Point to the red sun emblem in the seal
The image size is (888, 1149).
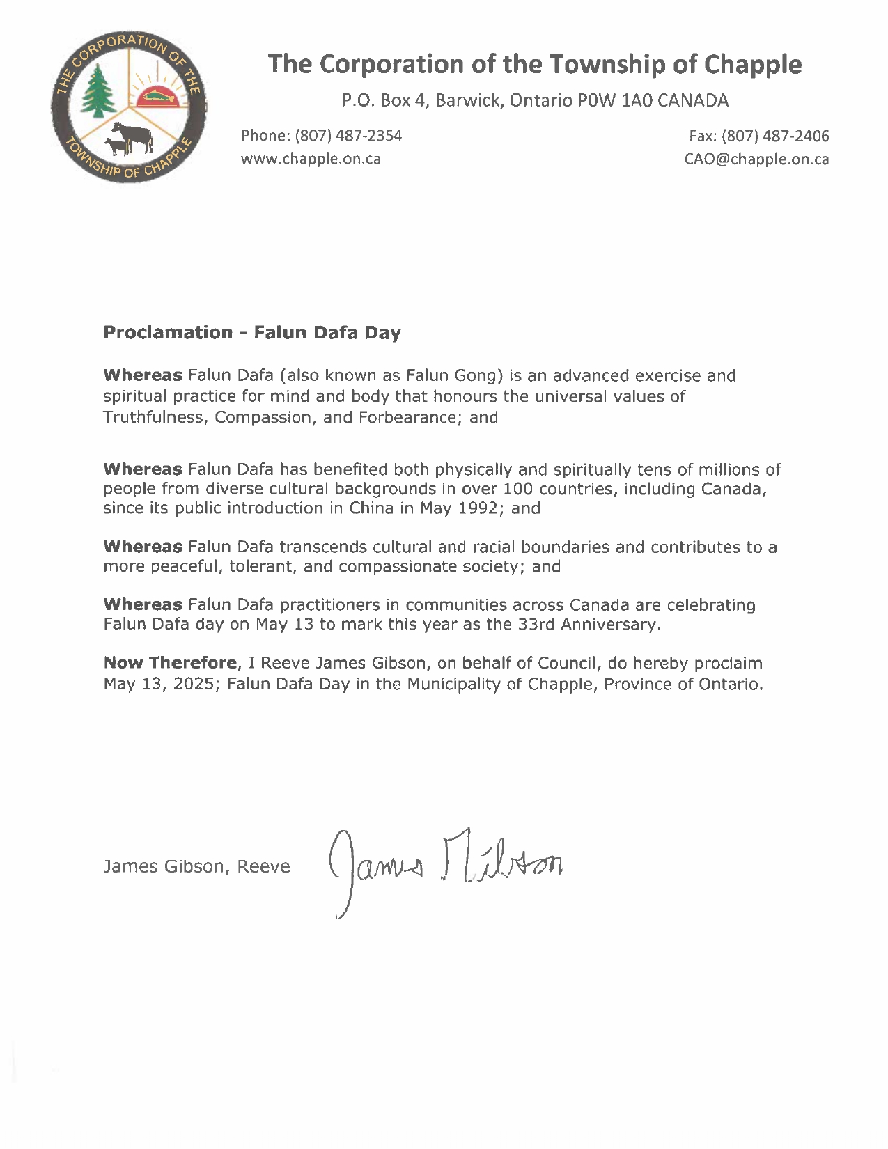160,96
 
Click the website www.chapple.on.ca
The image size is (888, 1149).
311,159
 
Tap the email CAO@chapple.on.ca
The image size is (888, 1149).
756,159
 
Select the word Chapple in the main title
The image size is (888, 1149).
752,64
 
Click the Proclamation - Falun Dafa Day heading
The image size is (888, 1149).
251,332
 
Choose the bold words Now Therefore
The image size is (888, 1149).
170,663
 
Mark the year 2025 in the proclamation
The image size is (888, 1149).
196,684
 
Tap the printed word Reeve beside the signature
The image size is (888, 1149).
263,866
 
